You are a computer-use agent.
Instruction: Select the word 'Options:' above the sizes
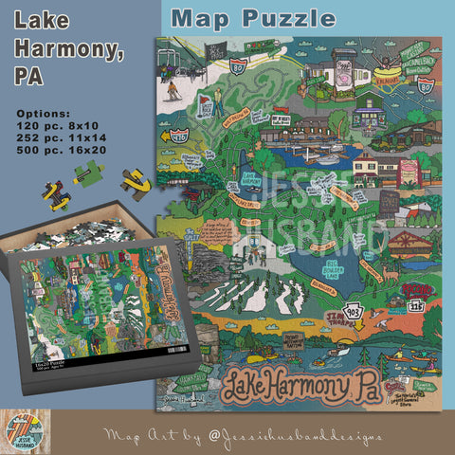tap(44, 112)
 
